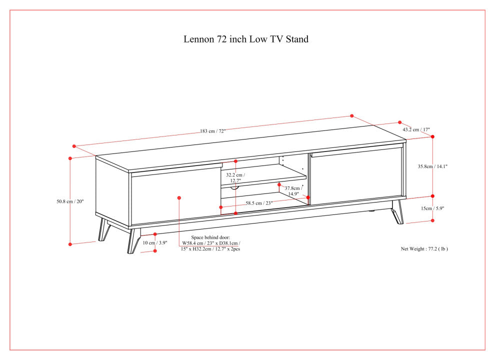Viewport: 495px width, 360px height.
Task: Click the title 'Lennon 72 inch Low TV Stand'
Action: click(246, 39)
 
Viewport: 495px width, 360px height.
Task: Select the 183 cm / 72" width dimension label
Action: click(213, 131)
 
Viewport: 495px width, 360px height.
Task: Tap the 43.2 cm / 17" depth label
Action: click(416, 129)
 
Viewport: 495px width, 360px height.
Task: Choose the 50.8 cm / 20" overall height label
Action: click(70, 201)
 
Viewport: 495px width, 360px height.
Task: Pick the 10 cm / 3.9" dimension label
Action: click(154, 242)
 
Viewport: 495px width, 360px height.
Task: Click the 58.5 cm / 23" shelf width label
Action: click(259, 203)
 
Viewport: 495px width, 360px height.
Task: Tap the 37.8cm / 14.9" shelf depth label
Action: click(293, 191)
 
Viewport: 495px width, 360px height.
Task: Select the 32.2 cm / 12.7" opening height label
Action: click(235, 178)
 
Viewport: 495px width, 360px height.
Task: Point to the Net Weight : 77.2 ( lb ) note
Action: click(424, 248)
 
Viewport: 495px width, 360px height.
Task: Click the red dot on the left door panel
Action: click(179, 198)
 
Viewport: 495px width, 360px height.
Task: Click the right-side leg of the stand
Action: click(398, 212)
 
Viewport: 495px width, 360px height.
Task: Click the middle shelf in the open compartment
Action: click(263, 180)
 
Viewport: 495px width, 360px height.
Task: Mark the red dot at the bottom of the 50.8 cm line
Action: click(70, 244)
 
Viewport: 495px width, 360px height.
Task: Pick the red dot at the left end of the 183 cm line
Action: click(74, 146)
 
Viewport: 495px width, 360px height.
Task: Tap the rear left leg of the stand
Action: click(104, 229)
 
